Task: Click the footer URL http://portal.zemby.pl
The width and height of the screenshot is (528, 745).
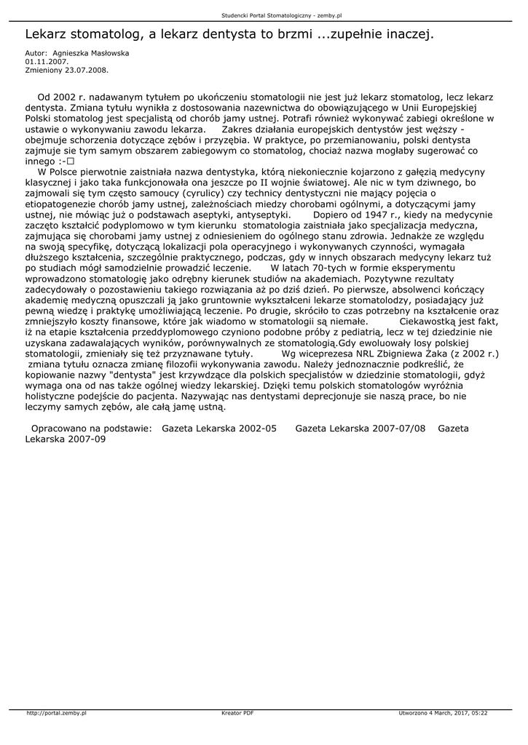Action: pos(56,713)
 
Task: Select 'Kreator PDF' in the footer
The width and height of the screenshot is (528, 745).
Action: pos(237,713)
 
